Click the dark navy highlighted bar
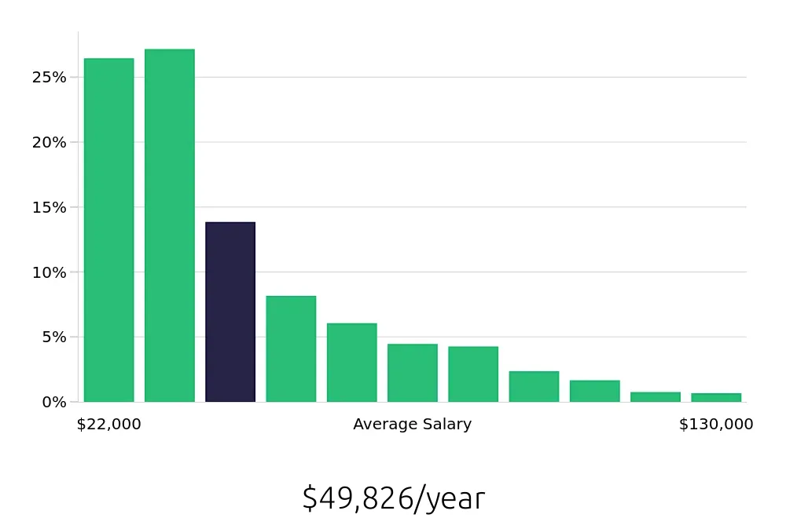point(230,312)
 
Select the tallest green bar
point(170,226)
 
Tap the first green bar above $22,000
point(108,230)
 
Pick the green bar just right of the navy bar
point(291,349)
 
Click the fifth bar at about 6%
point(351,363)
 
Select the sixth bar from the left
point(413,373)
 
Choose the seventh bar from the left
point(473,374)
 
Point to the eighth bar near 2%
point(534,387)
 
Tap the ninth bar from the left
point(594,391)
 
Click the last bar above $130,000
point(716,397)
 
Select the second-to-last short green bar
point(656,397)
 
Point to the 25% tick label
point(49,78)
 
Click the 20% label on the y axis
point(49,143)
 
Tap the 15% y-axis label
point(49,208)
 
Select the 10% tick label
point(49,273)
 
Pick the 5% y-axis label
point(53,337)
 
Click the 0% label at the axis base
point(53,403)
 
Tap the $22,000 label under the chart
point(109,425)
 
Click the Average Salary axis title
point(412,425)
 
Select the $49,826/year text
point(394,498)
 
